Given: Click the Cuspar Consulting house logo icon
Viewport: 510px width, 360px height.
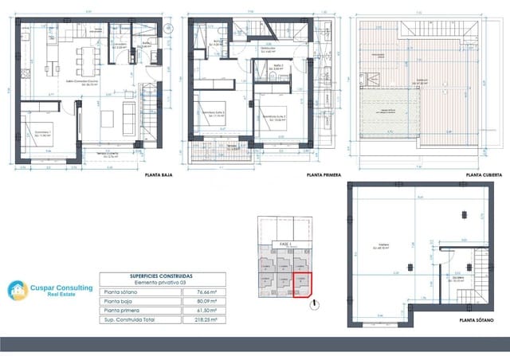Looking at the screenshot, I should pos(18,291).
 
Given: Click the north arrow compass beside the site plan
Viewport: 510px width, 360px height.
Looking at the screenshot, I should pos(316,303).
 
